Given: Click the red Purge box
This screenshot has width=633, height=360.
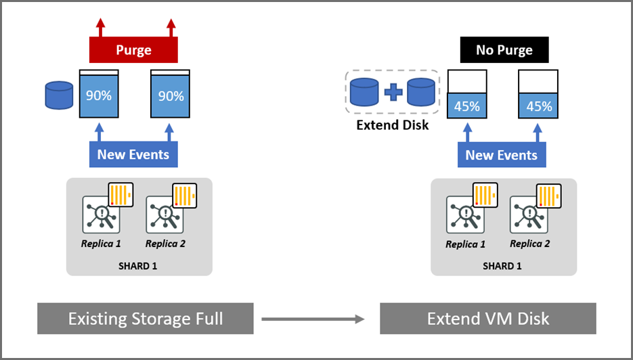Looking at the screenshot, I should point(133,50).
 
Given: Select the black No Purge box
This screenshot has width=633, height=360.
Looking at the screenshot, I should point(504,50).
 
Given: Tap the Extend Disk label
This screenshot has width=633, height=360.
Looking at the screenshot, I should point(393,125).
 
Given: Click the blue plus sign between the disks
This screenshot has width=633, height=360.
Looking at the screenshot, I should point(393,92).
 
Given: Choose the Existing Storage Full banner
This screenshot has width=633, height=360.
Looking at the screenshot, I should point(145,318).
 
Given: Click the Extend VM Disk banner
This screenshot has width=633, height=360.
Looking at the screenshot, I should point(487,318).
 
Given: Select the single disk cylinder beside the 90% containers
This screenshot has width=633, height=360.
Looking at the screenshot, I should point(59,95).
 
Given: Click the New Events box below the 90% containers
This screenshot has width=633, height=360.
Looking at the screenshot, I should point(133,154).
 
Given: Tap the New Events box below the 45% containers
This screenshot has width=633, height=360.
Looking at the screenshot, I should point(502,155).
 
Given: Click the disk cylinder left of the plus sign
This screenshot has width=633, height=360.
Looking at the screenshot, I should point(364,92).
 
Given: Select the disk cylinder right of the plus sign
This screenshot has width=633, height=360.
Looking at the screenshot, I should point(421,92).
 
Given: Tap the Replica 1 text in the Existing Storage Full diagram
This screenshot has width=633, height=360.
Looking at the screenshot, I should point(100,244).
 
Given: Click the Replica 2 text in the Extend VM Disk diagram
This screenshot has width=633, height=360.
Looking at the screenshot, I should point(529,244).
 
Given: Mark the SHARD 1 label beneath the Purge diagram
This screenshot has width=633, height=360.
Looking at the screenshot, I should point(139,266).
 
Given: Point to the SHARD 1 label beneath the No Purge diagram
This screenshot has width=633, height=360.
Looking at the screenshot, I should point(502,266).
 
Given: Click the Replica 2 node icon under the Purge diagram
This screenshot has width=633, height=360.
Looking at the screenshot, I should point(165,214).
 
